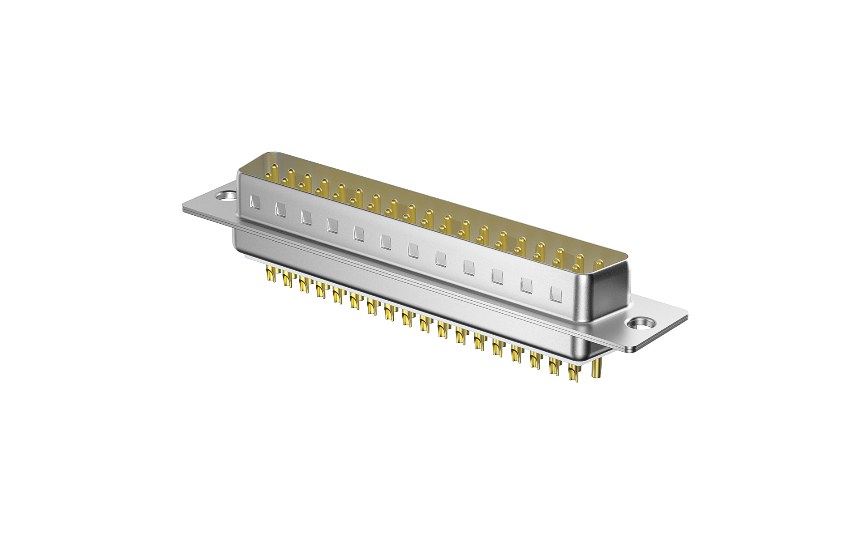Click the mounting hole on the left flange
click(x=225, y=196)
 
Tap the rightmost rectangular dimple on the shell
click(x=555, y=294)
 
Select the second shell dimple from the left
click(x=281, y=209)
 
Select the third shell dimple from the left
click(x=306, y=217)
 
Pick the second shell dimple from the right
click(x=526, y=285)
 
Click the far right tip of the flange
click(x=686, y=316)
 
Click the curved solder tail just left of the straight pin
click(x=573, y=372)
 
